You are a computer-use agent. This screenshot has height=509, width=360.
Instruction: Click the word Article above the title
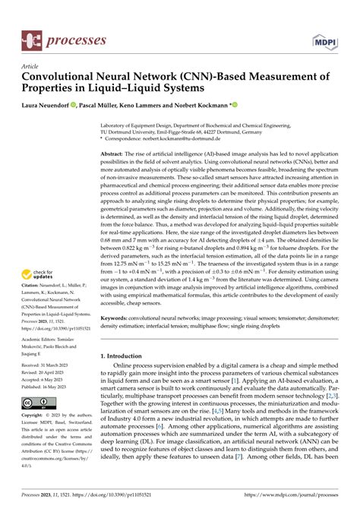pyautogui.click(x=30, y=66)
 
